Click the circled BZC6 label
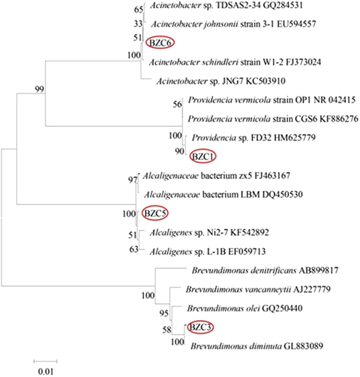(160, 42)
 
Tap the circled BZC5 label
(155, 213)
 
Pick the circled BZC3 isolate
(201, 327)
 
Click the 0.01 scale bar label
(45, 370)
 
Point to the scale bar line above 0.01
(45, 360)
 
